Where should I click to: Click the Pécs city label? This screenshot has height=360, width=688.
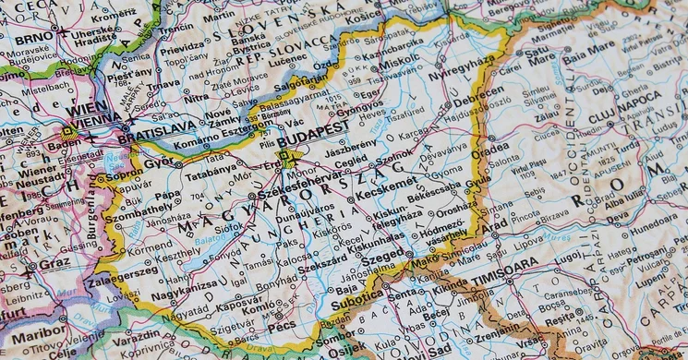pyautogui.click(x=283, y=327)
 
